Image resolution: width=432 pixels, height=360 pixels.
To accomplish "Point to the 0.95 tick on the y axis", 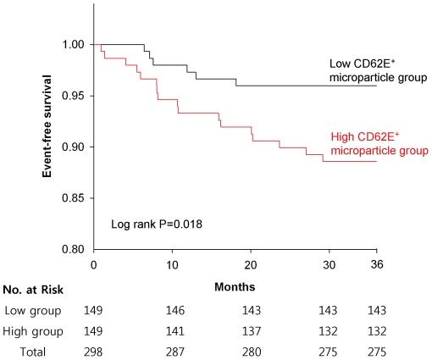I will (x=72, y=96).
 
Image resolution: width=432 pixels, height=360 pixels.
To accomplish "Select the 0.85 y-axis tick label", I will (x=72, y=198).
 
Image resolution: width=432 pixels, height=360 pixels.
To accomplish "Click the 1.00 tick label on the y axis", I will (x=72, y=44).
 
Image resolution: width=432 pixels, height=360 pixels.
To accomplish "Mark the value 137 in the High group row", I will (x=251, y=330).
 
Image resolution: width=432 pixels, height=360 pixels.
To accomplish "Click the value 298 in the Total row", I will (x=95, y=350).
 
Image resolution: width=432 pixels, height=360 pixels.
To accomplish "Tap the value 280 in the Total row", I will (x=251, y=350).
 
